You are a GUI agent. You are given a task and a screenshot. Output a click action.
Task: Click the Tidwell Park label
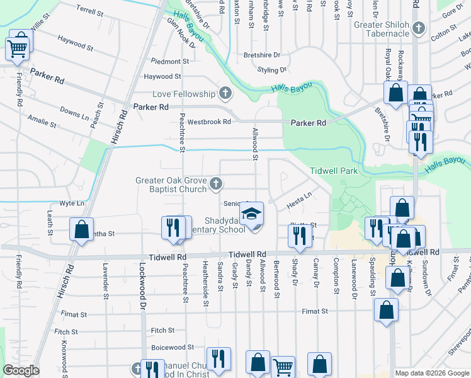334,171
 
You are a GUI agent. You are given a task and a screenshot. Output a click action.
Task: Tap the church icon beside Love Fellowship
225,94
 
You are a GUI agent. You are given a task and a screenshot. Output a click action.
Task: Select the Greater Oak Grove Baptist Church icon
215,185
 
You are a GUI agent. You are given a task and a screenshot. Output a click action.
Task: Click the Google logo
21,370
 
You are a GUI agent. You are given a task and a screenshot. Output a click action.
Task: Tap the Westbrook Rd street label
209,121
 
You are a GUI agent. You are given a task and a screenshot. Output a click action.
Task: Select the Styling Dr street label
272,70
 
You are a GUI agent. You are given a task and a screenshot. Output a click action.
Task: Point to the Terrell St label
89,11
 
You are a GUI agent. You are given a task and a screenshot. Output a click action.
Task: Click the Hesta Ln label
299,201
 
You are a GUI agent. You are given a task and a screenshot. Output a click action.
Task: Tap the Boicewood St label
172,347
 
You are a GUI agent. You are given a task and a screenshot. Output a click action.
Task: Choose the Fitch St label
162,330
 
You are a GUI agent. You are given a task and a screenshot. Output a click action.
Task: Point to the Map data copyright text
431,373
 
